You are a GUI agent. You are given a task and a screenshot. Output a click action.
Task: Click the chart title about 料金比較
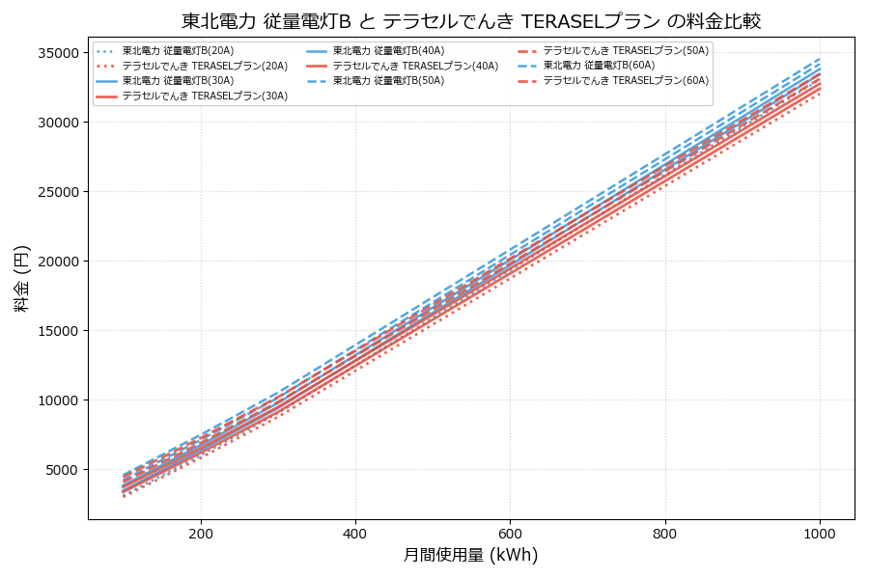(471, 21)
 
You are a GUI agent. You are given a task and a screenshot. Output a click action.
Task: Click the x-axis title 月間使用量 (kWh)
(470, 555)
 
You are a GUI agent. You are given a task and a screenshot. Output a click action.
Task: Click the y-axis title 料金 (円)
(21, 278)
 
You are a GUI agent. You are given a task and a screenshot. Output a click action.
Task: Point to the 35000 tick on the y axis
(57, 53)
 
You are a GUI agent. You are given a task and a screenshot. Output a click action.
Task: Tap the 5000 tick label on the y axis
(61, 470)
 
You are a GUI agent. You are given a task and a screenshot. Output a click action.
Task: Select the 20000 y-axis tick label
(57, 262)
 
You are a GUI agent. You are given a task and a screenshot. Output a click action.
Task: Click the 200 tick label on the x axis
(201, 533)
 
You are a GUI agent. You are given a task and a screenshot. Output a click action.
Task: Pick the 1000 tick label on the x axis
(820, 533)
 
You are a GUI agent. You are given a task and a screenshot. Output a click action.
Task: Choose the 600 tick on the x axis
(510, 533)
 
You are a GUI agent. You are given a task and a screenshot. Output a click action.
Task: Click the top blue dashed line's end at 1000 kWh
(820, 58)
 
